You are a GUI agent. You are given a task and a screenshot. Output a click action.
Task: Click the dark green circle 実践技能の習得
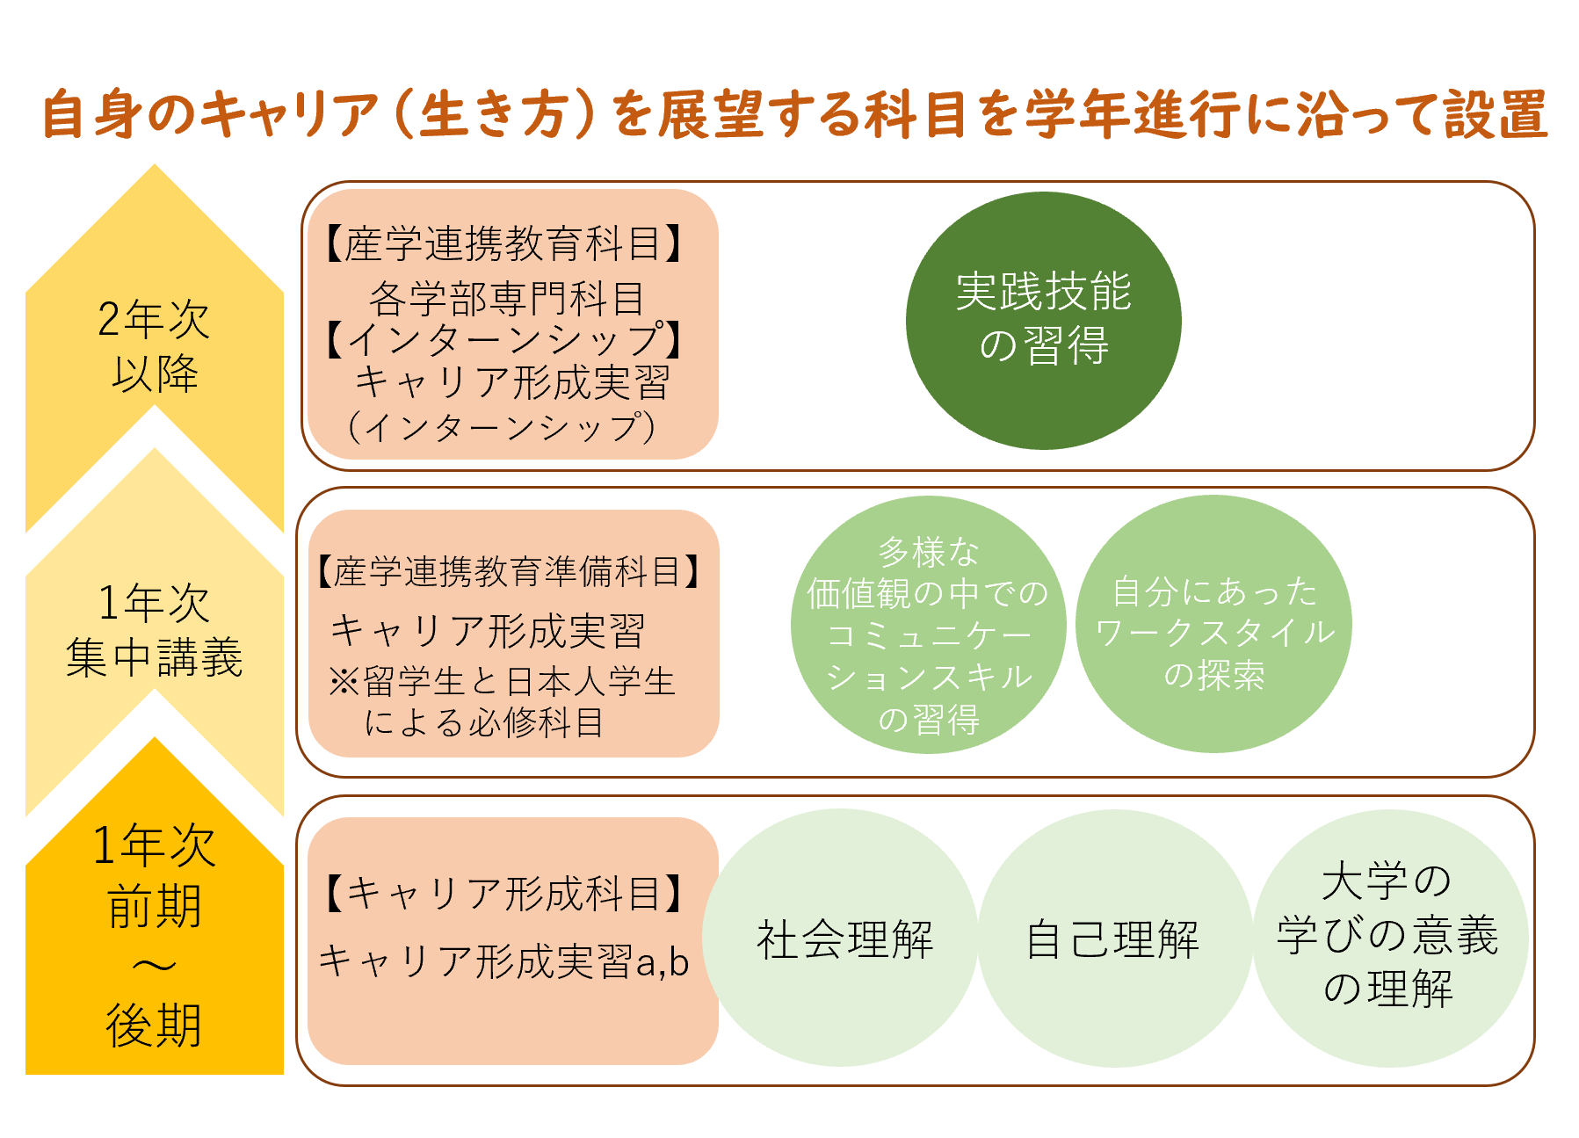[x=1043, y=321]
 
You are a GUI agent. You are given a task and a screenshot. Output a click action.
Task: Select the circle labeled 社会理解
[x=840, y=938]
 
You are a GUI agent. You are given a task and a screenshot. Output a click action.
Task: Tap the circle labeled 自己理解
[x=1115, y=938]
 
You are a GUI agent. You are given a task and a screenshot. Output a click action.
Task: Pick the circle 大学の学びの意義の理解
[x=1390, y=938]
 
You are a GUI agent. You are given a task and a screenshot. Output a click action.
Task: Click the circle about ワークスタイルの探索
[x=1213, y=624]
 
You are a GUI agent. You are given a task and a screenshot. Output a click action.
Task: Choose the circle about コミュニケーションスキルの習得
[x=929, y=624]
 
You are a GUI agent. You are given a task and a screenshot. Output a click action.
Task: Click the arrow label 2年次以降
[x=155, y=345]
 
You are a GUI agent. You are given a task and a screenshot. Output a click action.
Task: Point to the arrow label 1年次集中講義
[x=155, y=629]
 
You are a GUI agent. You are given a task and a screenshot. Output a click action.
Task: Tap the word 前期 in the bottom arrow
[x=155, y=905]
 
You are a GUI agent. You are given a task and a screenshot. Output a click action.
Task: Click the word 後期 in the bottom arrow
[x=155, y=1025]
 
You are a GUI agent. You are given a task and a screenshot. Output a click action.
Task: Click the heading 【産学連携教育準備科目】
[x=510, y=571]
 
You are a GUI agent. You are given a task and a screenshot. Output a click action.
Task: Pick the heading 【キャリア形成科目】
[x=504, y=894]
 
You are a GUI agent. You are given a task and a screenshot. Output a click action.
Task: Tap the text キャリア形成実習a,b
[x=503, y=960]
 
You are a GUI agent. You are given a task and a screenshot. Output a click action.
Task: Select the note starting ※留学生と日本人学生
[x=502, y=701]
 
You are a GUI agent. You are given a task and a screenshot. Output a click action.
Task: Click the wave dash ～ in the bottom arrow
[x=155, y=966]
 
